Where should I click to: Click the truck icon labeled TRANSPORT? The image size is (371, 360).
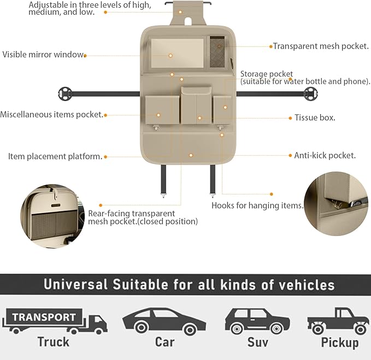(55, 321)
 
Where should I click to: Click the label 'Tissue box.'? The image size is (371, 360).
(315, 117)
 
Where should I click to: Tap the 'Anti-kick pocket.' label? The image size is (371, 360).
(325, 155)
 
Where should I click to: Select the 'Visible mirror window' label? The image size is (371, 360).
(43, 55)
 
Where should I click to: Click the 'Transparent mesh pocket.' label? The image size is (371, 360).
(321, 46)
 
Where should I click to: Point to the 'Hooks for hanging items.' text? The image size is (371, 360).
(257, 205)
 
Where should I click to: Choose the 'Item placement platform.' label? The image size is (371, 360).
(55, 156)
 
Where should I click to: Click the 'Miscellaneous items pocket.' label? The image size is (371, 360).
(52, 115)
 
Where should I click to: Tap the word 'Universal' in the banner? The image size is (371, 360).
(75, 285)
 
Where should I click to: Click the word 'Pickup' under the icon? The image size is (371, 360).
(340, 343)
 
